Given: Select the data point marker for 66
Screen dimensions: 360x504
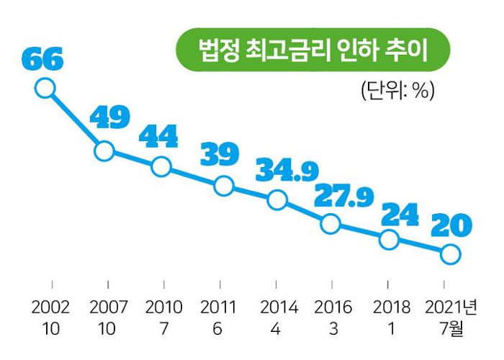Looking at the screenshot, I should point(45,89).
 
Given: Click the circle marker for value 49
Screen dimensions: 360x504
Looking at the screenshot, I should point(104,151).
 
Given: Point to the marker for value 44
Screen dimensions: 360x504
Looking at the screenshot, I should point(161,167).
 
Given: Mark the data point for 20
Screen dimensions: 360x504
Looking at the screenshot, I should point(450,254).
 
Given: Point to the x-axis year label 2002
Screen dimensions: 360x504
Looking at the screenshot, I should point(50,307).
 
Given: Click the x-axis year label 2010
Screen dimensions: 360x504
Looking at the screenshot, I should point(163,307).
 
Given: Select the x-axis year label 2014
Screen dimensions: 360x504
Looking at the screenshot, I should point(279,307).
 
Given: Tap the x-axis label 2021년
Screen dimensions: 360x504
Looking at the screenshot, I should point(451,307).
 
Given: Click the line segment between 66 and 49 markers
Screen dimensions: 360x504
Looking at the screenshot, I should point(74,120).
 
